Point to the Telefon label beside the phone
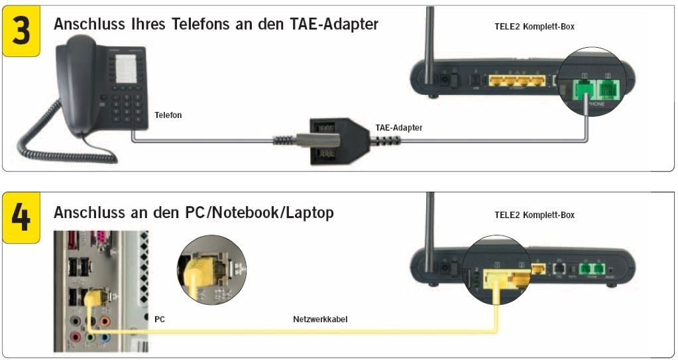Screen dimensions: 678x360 coord(168,115)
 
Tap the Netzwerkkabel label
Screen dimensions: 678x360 coord(320,320)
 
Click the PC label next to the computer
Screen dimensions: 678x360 coord(160,320)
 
